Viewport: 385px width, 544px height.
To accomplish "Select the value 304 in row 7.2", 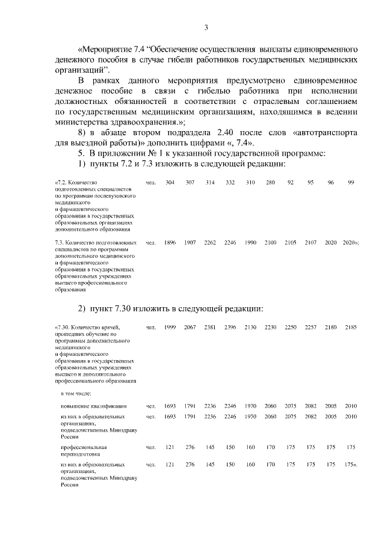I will tap(170, 182).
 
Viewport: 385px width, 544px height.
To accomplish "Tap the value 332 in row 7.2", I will tap(230, 182).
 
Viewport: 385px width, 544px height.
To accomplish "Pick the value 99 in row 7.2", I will tap(351, 182).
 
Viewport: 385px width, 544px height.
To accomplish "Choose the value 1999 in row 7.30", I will tap(170, 327).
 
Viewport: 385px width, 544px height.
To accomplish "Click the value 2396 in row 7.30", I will tap(230, 327).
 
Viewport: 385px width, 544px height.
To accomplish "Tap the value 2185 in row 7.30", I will tap(351, 327).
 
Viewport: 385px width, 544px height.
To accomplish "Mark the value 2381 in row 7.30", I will tap(210, 327).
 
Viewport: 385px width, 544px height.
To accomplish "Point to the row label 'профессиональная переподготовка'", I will tap(84, 451).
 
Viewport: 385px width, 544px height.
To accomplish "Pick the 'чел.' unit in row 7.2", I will tap(150, 182).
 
